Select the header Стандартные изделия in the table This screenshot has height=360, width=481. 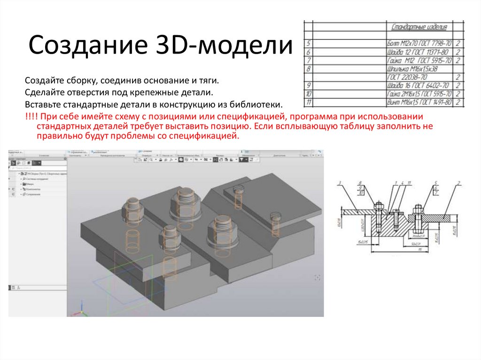[x=419, y=27]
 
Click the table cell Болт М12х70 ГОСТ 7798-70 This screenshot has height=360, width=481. [x=419, y=43]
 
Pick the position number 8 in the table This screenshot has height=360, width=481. [x=308, y=69]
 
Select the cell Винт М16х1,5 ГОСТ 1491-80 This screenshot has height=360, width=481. [x=419, y=102]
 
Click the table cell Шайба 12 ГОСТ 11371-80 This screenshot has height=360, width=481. [x=419, y=52]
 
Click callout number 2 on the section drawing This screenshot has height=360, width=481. [x=458, y=182]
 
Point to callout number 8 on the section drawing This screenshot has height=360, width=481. [x=360, y=183]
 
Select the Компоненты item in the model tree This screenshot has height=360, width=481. [x=32, y=189]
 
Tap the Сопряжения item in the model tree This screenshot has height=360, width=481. [x=32, y=195]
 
